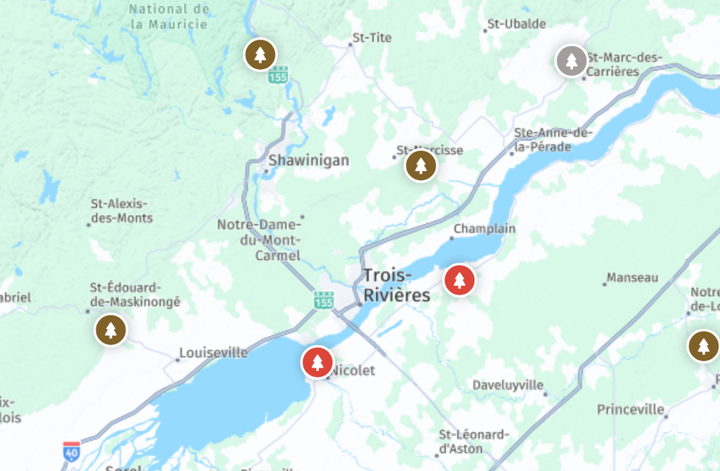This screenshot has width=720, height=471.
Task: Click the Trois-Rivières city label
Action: pyautogui.click(x=397, y=286)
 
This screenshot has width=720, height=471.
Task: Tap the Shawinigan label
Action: pyautogui.click(x=309, y=160)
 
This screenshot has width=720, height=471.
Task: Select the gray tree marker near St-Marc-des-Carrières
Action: pyautogui.click(x=572, y=60)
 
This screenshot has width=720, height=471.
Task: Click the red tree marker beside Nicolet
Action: pyautogui.click(x=317, y=362)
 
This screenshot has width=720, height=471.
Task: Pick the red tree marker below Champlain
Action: pyautogui.click(x=460, y=280)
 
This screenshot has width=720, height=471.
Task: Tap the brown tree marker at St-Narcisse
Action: pyautogui.click(x=421, y=166)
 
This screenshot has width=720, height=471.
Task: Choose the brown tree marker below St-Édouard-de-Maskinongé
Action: pyautogui.click(x=111, y=330)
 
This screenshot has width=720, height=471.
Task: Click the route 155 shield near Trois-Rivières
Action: pyautogui.click(x=323, y=300)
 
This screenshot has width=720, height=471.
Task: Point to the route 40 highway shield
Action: pyautogui.click(x=71, y=450)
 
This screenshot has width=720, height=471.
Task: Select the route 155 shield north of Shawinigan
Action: pyautogui.click(x=278, y=74)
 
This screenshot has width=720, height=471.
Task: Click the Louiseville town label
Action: pyautogui.click(x=213, y=353)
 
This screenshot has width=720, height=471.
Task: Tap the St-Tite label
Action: pyautogui.click(x=372, y=37)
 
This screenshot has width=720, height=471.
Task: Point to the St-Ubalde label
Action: pyautogui.click(x=516, y=24)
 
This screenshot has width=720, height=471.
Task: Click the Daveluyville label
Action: pyautogui.click(x=508, y=385)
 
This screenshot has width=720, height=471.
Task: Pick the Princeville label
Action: pyautogui.click(x=630, y=409)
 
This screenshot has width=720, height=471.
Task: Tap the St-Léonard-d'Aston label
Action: pyautogui.click(x=473, y=441)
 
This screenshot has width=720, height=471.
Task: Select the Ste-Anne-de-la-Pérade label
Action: pyautogui.click(x=552, y=140)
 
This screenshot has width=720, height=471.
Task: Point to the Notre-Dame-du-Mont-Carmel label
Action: pyautogui.click(x=259, y=240)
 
